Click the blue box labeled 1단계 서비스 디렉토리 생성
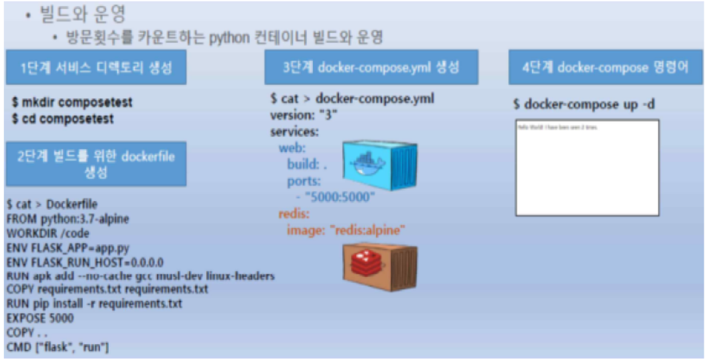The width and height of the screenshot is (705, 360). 96,67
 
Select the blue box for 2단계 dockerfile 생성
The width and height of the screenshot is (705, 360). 96,163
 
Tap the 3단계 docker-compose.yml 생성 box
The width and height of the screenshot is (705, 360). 371,67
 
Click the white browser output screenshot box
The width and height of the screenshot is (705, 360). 587,167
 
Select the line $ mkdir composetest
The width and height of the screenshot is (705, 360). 72,103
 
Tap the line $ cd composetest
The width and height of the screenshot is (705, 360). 62,119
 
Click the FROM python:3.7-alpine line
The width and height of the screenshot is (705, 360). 68,218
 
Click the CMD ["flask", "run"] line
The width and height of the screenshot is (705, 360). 58,347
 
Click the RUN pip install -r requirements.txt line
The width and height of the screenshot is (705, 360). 94,304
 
